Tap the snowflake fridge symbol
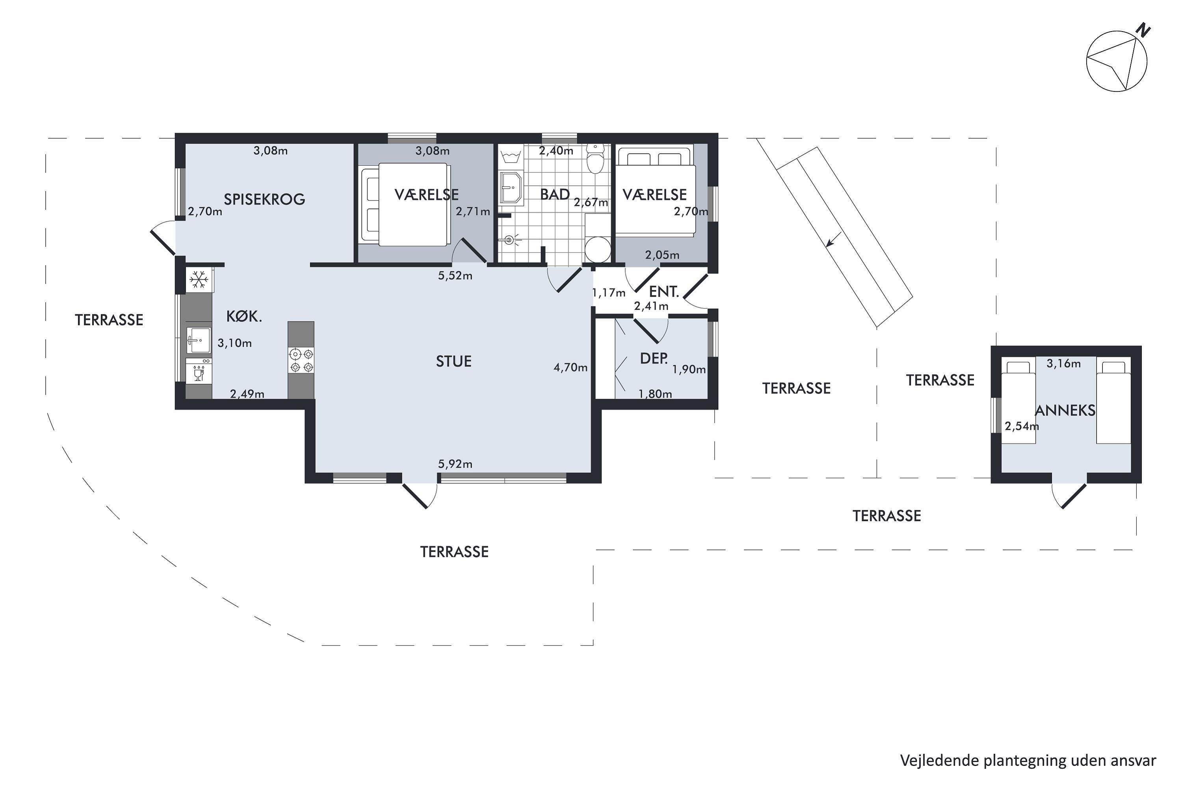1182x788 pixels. point(199,279)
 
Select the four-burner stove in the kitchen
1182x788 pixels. point(301,361)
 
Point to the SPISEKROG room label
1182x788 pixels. point(264,199)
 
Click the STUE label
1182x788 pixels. point(454,361)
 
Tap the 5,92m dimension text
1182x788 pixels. point(455,464)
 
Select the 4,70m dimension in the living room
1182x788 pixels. point(571,367)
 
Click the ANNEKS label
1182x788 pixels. point(1065,411)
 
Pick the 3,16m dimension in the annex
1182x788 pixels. point(1063,363)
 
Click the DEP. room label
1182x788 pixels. point(654,358)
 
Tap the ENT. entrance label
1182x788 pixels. point(664,292)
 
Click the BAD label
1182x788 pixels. point(555,195)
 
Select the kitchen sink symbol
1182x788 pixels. point(199,340)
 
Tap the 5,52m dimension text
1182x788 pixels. point(455,275)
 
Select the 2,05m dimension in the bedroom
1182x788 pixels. point(662,255)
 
